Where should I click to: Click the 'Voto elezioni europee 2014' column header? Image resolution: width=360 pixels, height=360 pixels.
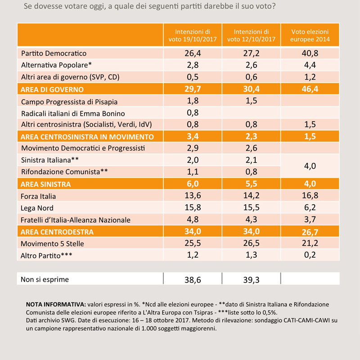[310, 36]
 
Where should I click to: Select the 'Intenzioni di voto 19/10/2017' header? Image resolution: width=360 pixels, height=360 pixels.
[193, 36]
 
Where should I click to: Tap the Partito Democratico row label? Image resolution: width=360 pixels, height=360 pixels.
[54, 53]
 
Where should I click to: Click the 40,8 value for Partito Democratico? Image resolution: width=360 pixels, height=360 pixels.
[310, 53]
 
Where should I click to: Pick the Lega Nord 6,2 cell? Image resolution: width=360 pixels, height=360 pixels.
[310, 207]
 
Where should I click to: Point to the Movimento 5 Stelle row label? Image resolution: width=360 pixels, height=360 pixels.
[52, 243]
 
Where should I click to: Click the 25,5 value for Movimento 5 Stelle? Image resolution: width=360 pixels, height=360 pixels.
[193, 243]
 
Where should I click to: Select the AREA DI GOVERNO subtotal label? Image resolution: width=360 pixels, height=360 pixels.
[52, 89]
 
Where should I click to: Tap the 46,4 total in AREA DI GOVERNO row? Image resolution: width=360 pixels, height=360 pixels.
[310, 89]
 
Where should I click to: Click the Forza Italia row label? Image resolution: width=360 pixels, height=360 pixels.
[38, 196]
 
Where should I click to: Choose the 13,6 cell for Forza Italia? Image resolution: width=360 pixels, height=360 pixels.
[193, 196]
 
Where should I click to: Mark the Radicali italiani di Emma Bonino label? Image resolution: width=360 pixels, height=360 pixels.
[73, 114]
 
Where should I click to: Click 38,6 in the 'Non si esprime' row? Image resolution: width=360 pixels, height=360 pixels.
[193, 280]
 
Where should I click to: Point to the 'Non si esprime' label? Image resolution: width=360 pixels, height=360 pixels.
[45, 279]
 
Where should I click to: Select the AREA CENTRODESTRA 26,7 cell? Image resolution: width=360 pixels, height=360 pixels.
[310, 232]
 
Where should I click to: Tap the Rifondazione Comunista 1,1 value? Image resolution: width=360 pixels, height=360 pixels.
[193, 172]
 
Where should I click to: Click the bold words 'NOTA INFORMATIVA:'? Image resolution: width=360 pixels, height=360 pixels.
[56, 305]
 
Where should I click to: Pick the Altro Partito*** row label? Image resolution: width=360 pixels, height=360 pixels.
[46, 255]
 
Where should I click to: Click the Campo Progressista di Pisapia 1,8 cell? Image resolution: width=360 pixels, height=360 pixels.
[193, 101]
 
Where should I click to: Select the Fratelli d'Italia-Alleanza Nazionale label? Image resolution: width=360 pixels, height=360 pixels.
[76, 220]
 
